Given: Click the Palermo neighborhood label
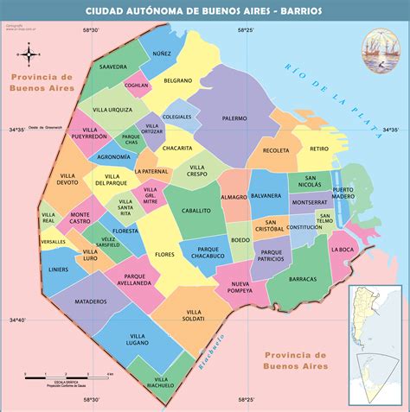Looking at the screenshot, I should coord(234,117).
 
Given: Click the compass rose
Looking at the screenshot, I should coord(29,55).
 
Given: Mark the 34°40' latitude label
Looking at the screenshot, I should coord(17,320).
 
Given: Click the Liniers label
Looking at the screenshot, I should coord(59,269).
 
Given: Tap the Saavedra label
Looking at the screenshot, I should coord(113,66).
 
